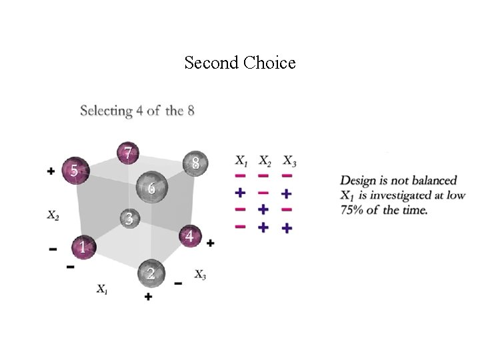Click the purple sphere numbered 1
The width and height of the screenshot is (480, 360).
tap(83, 247)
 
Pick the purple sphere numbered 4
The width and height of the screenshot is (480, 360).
tap(191, 236)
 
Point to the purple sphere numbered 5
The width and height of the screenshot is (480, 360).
tap(75, 171)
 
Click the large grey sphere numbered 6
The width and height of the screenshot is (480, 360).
tap(151, 188)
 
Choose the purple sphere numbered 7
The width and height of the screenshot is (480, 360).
tap(127, 153)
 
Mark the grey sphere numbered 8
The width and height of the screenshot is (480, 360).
tap(195, 163)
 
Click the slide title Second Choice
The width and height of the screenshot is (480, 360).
tap(240, 63)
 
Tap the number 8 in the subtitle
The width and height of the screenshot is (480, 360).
tap(191, 111)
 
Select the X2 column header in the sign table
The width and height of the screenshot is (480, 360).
tap(264, 161)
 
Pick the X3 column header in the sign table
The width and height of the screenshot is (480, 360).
tap(289, 161)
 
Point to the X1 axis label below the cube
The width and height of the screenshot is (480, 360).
tap(103, 289)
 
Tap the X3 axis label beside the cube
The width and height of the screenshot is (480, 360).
tap(200, 274)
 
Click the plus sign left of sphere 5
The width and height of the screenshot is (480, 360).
tap(51, 171)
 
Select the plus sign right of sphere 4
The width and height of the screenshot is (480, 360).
tap(211, 243)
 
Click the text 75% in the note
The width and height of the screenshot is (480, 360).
tap(353, 210)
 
